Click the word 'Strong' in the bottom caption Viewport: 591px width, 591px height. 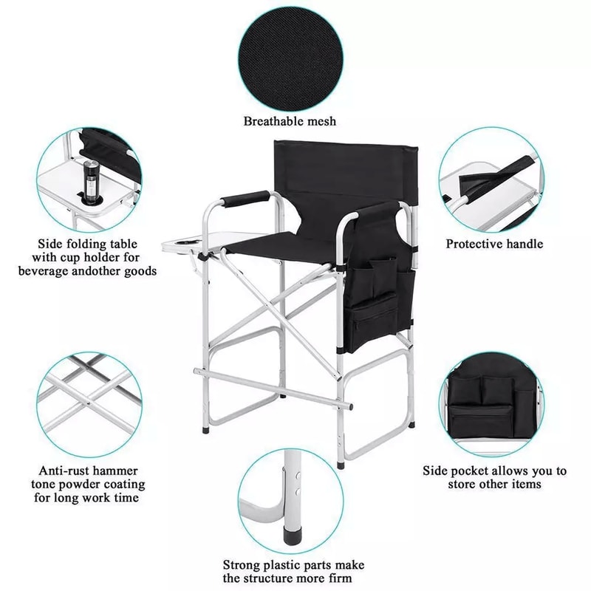click(245, 564)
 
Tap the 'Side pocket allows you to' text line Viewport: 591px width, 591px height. click(494, 470)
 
